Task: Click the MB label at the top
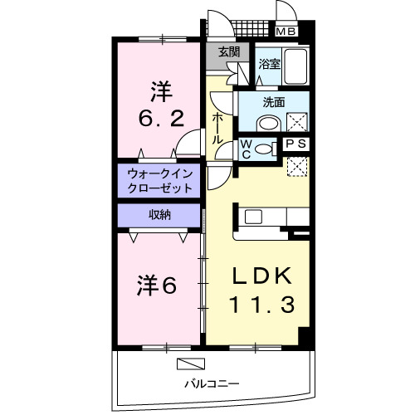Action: click(x=286, y=32)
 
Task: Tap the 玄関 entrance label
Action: click(x=230, y=51)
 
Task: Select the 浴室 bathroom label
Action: click(x=268, y=63)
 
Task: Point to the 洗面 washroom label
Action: click(x=275, y=102)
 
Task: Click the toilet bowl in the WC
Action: click(x=264, y=149)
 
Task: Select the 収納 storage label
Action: click(x=160, y=215)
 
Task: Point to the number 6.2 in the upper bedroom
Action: click(x=160, y=117)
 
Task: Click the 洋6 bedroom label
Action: click(x=157, y=285)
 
